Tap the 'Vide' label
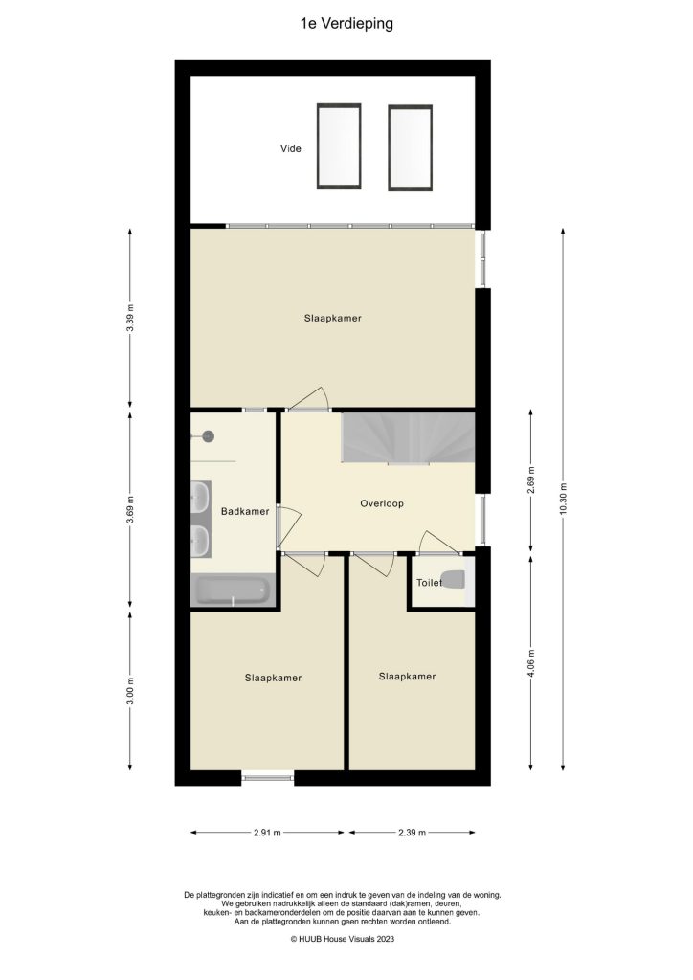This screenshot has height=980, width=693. point(290,149)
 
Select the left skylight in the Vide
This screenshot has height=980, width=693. point(339,146)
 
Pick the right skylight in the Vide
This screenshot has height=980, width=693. point(411,147)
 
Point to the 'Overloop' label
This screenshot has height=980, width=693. point(381,503)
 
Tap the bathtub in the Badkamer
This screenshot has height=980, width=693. point(235,590)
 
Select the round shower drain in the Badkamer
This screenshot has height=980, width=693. point(208,436)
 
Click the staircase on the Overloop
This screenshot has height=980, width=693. point(408,438)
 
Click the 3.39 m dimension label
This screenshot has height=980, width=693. point(130,317)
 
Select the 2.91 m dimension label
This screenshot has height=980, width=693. point(267,833)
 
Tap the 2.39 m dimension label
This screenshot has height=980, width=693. point(412,833)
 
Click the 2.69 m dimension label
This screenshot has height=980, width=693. point(530,479)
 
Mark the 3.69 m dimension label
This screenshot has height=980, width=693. point(130,509)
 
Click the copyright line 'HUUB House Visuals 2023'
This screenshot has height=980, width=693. point(343,940)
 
